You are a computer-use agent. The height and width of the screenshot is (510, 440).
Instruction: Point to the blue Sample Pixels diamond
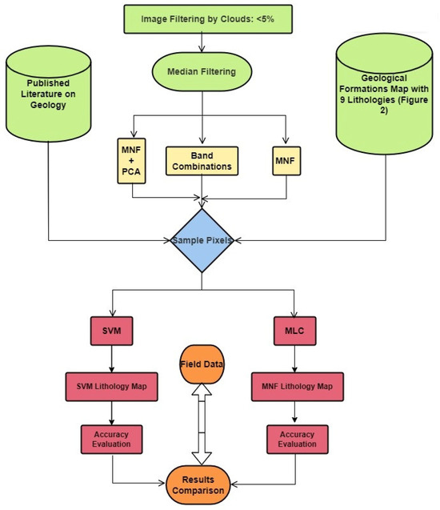click(x=203, y=239)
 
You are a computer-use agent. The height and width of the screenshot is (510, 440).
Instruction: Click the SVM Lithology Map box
click(x=110, y=388)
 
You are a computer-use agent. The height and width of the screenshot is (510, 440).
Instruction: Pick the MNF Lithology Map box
click(x=297, y=388)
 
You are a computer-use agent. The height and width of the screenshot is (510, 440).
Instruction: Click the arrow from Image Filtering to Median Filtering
click(x=203, y=42)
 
